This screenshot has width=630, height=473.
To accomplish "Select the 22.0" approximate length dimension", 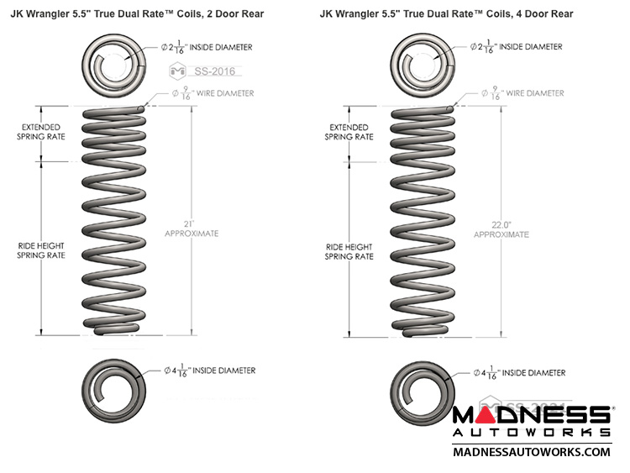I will click(501, 229).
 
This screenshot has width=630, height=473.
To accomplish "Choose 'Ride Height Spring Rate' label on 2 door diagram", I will click(40, 250).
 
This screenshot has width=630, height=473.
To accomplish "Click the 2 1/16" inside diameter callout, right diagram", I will click(519, 48).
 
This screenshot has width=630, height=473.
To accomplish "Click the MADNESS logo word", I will click(531, 416).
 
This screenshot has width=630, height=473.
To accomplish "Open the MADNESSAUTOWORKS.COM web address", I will click(531, 451).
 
